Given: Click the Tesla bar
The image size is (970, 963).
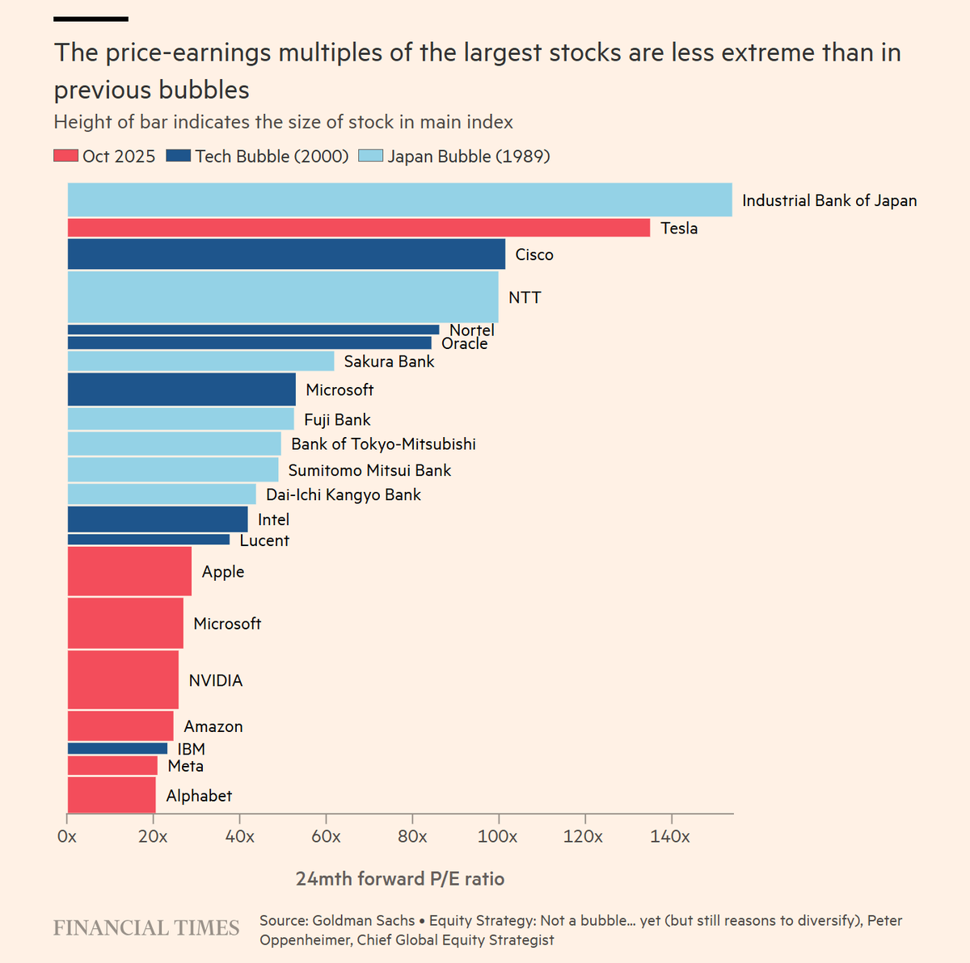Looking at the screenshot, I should (x=358, y=228).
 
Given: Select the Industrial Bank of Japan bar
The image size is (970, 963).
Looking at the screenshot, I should (x=399, y=200).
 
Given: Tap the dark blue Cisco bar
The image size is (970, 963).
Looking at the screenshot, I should (x=286, y=254).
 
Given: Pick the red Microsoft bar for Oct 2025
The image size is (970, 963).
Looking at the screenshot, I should (x=125, y=623).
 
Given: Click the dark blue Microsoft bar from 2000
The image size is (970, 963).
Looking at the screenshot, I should (x=181, y=389).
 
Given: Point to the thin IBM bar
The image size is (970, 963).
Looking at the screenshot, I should (x=117, y=749).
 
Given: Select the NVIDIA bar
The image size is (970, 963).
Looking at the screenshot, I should (x=123, y=680).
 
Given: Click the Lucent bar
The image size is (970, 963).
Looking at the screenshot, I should (x=148, y=540).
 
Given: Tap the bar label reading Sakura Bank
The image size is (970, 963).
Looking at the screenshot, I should (x=389, y=361).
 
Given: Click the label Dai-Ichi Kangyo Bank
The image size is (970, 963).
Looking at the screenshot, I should (x=344, y=494).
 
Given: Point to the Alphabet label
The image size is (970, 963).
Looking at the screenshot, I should (x=199, y=796).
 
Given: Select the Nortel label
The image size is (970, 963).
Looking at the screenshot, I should (x=472, y=330).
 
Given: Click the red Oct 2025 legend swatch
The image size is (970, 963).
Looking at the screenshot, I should (x=66, y=156).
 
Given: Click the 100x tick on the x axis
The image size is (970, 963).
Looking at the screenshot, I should (x=498, y=836).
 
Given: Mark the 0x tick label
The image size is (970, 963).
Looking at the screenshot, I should (x=67, y=836).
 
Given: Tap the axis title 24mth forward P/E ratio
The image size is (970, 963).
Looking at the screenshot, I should (x=400, y=879).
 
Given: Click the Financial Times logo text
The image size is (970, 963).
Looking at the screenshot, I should (x=146, y=927).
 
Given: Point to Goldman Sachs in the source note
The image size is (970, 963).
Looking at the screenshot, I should (x=362, y=920).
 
